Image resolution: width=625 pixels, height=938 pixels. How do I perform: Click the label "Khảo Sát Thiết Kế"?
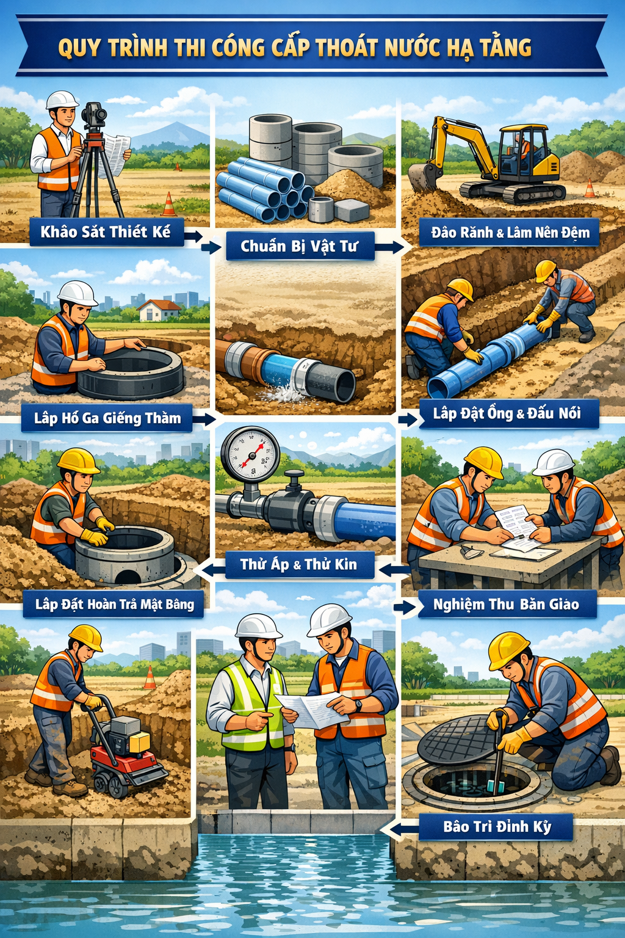click(x=107, y=231)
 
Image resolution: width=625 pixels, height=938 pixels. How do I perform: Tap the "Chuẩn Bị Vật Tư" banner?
click(x=300, y=246)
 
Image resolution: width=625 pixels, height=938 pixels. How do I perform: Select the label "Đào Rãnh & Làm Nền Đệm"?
click(x=510, y=232)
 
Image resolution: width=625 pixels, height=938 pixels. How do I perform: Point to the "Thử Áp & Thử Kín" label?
click(x=299, y=564)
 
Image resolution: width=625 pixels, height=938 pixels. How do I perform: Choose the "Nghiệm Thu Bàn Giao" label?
click(x=507, y=604)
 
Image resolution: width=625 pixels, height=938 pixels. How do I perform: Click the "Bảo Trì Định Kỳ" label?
click(x=497, y=827)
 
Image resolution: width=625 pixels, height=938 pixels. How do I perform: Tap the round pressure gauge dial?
click(x=250, y=454)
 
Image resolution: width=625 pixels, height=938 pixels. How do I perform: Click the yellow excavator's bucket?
click(x=424, y=177)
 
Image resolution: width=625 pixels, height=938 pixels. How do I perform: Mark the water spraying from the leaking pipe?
click(x=280, y=392)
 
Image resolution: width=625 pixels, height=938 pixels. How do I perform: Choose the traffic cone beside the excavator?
click(x=590, y=188)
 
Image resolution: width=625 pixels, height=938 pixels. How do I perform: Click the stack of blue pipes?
click(x=264, y=189)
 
